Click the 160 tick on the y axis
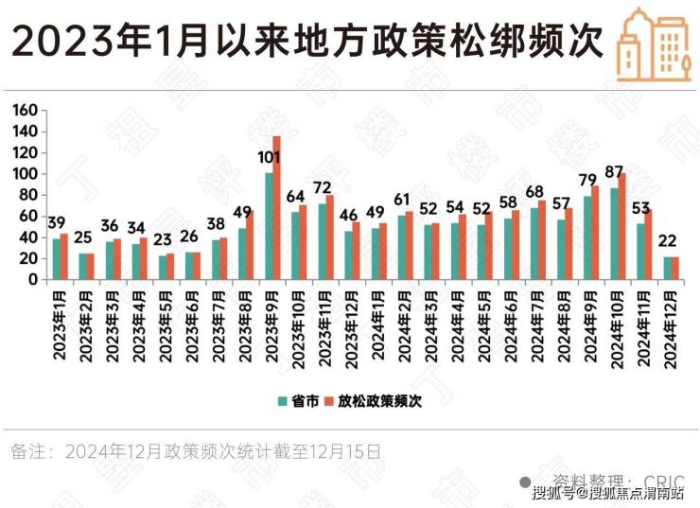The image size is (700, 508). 26,111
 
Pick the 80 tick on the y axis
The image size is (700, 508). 29,195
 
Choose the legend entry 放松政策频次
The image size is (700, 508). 375,400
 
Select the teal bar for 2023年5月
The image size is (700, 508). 163,267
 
